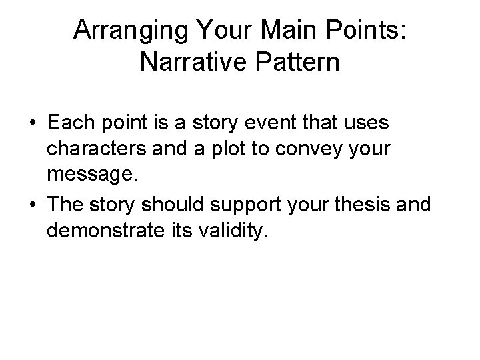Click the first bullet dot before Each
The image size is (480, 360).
32,125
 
